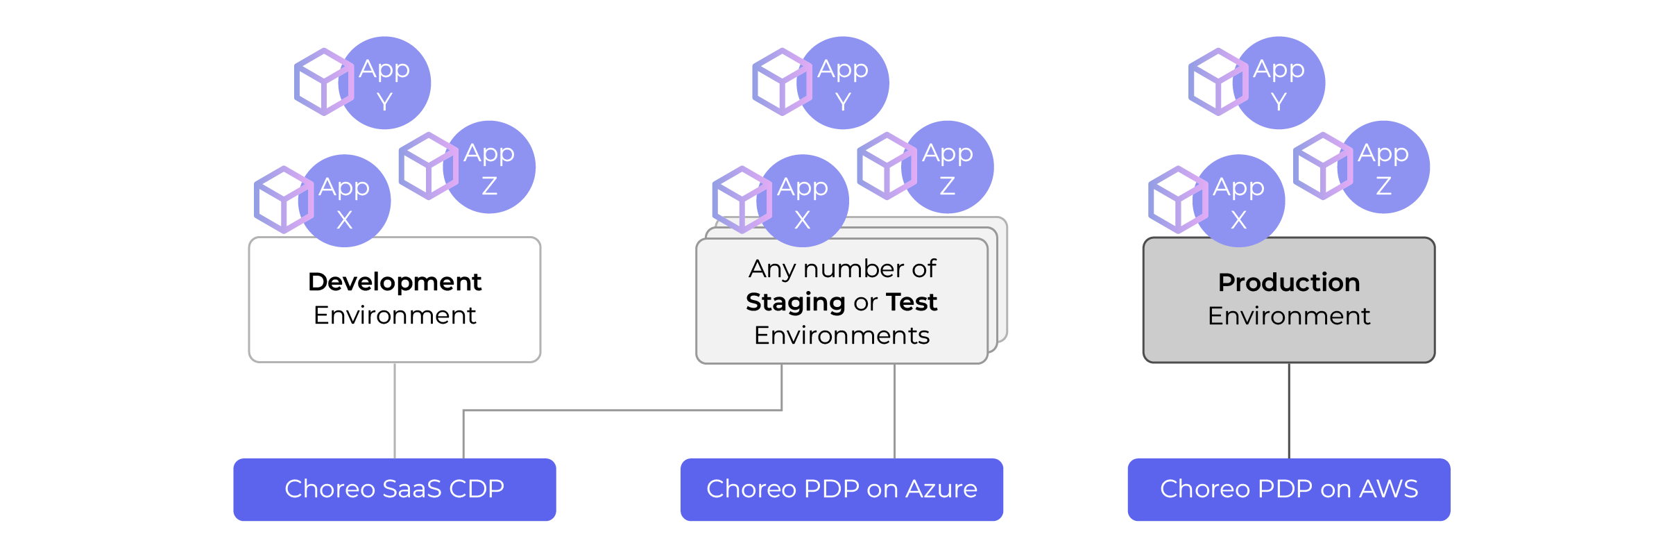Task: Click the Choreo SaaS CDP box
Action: [394, 490]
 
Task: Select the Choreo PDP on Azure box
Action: [842, 490]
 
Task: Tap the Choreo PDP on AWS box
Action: [1288, 490]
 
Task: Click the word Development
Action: [394, 282]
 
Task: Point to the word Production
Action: [1288, 283]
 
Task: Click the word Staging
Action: [795, 303]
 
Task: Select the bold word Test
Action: [912, 303]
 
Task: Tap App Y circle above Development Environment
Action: [386, 83]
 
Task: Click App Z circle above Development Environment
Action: [490, 167]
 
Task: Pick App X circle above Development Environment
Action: [345, 201]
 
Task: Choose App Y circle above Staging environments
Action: [844, 83]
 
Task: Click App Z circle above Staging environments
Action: [948, 167]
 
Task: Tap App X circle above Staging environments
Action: [803, 201]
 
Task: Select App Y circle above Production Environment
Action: [1280, 83]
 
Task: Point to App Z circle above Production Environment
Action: [1384, 167]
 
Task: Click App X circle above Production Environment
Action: [1239, 201]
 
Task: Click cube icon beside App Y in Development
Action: [323, 82]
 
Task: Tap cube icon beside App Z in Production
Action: [1322, 166]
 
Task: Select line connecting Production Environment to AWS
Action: [1288, 410]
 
